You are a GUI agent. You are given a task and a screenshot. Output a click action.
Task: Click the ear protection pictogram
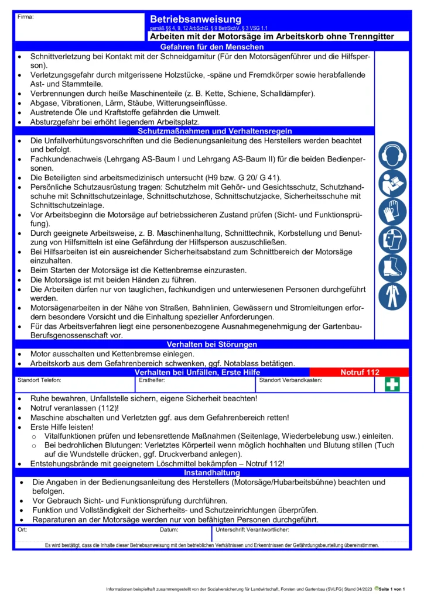392,156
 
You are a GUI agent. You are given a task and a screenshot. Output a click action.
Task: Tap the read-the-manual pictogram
392,184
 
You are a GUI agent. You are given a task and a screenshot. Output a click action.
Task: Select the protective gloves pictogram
392,212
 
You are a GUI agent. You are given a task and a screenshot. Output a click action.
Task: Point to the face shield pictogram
392,240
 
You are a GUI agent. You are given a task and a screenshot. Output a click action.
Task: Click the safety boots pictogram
392,268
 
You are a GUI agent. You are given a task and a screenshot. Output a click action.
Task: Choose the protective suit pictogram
392,296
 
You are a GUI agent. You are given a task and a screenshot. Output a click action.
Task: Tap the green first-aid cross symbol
392,384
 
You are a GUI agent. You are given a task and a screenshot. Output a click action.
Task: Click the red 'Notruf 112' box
360,372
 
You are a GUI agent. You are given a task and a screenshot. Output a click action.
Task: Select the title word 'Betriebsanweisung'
196,19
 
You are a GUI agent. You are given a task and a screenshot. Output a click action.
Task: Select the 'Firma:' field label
26,16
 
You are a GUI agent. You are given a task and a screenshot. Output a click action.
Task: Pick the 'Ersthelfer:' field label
152,380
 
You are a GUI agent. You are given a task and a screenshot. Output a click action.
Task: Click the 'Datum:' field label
169,530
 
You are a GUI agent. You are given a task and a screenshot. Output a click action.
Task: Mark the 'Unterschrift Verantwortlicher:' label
252,530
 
